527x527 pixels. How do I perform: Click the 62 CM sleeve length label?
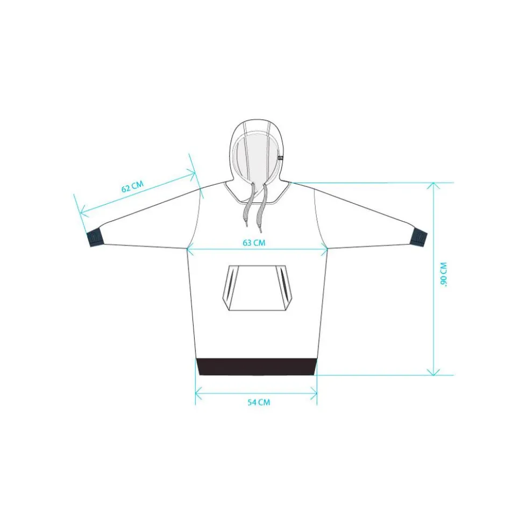[133, 186]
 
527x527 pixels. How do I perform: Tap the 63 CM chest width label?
[254, 243]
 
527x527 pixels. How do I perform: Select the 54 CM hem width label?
[259, 402]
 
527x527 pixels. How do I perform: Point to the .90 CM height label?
[444, 275]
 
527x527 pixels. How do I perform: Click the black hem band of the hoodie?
[257, 367]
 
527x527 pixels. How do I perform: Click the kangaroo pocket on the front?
[257, 288]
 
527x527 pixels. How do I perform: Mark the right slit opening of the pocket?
[283, 284]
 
